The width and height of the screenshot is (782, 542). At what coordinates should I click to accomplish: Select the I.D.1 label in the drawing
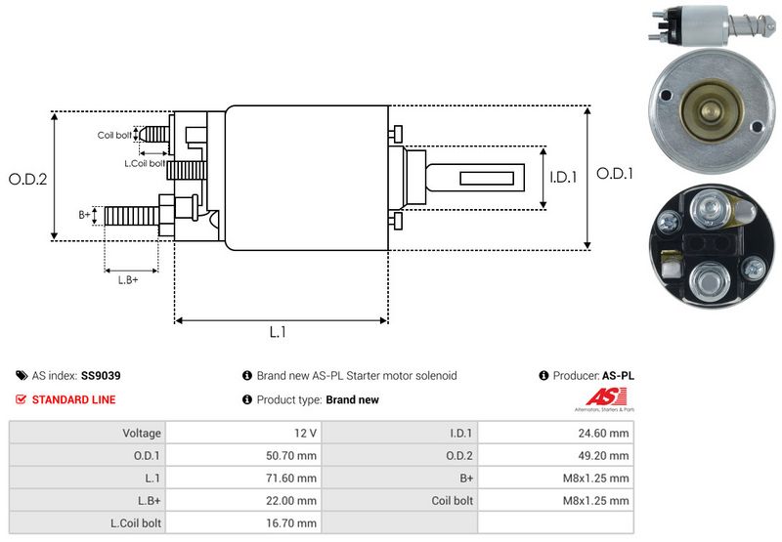click(564, 178)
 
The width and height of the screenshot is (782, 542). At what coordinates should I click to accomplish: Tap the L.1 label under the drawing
click(278, 332)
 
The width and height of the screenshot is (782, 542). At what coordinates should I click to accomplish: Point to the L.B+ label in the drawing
click(128, 280)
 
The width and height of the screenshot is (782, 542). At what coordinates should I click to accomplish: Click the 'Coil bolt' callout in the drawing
click(114, 135)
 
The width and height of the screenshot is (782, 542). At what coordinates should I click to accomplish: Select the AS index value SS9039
click(101, 375)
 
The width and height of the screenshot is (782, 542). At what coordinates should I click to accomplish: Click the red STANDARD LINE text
click(73, 399)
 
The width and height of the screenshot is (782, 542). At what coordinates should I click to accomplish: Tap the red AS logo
click(597, 397)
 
